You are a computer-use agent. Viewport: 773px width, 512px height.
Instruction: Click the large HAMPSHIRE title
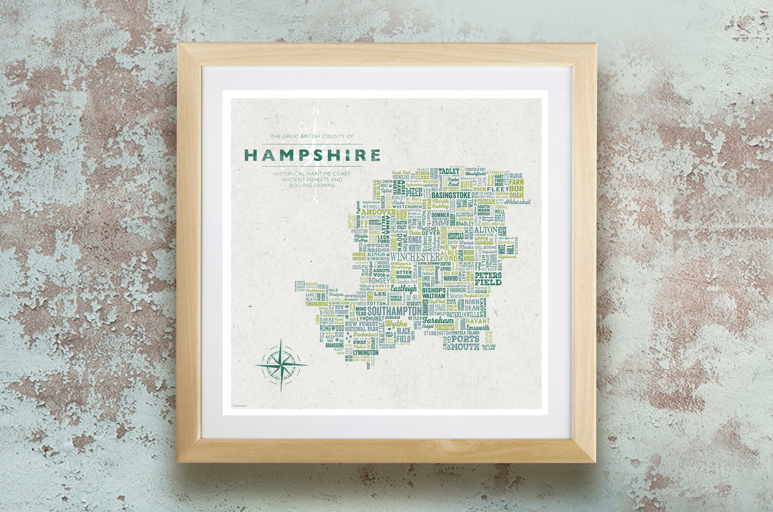(x=312, y=155)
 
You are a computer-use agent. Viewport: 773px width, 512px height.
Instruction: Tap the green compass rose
(x=281, y=365)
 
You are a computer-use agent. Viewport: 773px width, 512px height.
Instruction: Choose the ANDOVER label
(x=378, y=212)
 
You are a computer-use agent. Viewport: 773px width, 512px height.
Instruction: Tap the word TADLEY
(x=449, y=171)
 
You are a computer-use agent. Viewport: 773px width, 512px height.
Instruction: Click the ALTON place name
(x=486, y=229)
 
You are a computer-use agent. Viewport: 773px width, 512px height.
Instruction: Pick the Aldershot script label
(x=517, y=202)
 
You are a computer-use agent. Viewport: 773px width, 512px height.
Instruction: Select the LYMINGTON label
(x=366, y=353)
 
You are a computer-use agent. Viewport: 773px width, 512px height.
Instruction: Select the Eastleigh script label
(x=405, y=288)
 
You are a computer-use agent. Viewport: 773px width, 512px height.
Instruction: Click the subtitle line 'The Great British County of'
(x=312, y=137)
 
